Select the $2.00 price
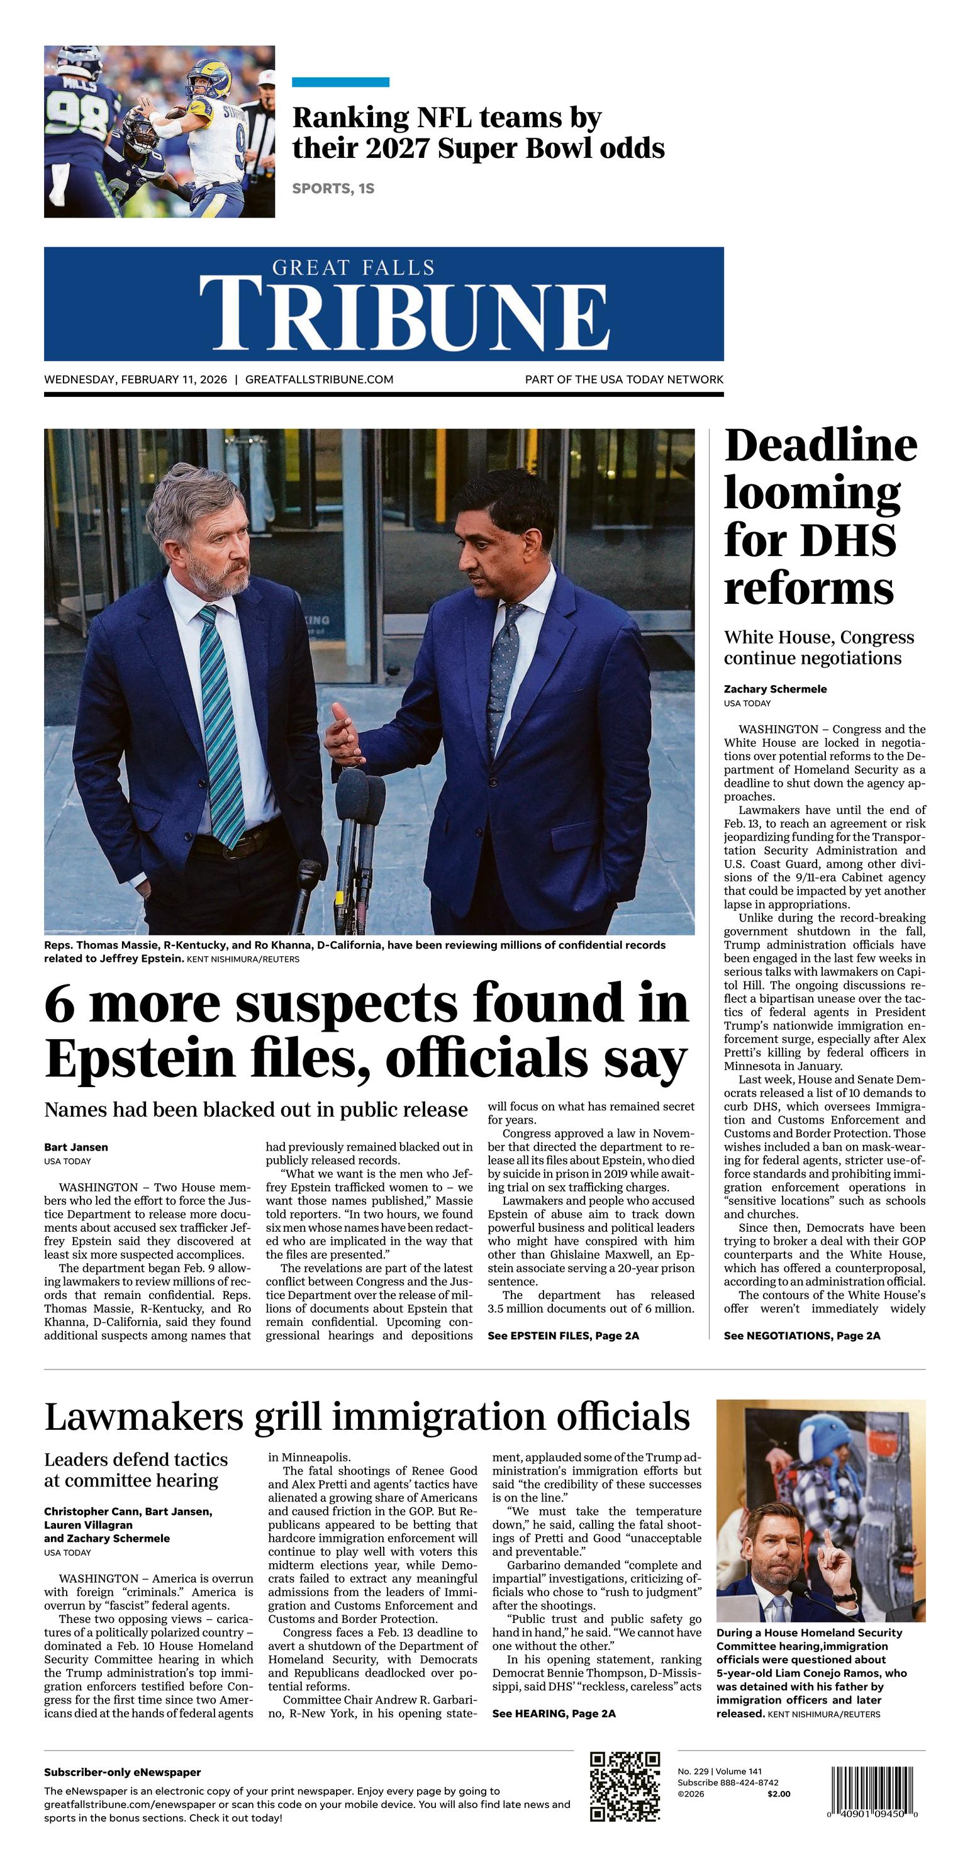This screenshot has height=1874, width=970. click(x=778, y=1794)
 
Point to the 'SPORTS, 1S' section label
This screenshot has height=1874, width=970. click(x=333, y=189)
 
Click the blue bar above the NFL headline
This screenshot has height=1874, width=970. click(x=340, y=82)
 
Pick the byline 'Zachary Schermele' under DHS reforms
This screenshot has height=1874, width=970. click(x=775, y=689)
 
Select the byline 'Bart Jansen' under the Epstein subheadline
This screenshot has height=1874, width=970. click(x=75, y=1147)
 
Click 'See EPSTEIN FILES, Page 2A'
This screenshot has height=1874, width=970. click(x=563, y=1336)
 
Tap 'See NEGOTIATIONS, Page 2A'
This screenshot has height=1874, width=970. click(x=802, y=1336)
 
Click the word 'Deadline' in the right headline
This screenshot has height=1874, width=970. click(x=820, y=445)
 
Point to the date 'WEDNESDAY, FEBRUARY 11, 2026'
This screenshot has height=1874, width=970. click(x=135, y=379)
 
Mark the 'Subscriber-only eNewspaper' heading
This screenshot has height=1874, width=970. click(x=122, y=1772)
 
